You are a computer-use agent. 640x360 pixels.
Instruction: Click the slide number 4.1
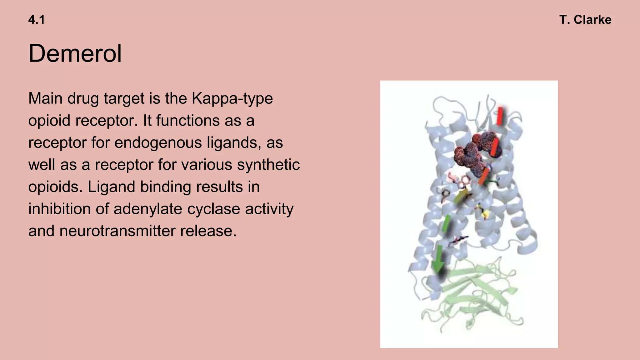pyautogui.click(x=36, y=20)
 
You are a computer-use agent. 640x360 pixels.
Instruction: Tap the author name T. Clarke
pyautogui.click(x=585, y=20)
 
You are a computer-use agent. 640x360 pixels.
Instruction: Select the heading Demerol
pyautogui.click(x=75, y=53)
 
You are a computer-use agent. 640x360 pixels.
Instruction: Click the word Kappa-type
pyautogui.click(x=232, y=98)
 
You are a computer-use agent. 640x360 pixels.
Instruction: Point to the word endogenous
pyautogui.click(x=158, y=143)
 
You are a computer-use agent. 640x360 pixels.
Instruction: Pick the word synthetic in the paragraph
pyautogui.click(x=268, y=165)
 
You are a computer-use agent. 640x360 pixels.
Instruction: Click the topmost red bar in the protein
pyautogui.click(x=500, y=116)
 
